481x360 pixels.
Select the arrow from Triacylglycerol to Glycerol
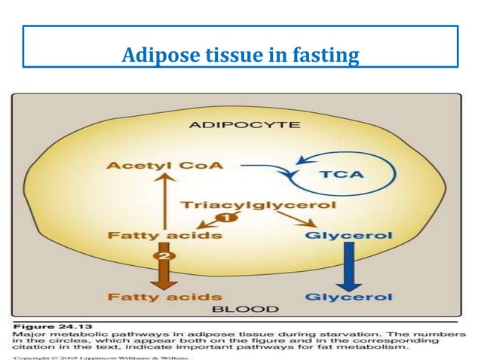(x=295, y=219)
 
